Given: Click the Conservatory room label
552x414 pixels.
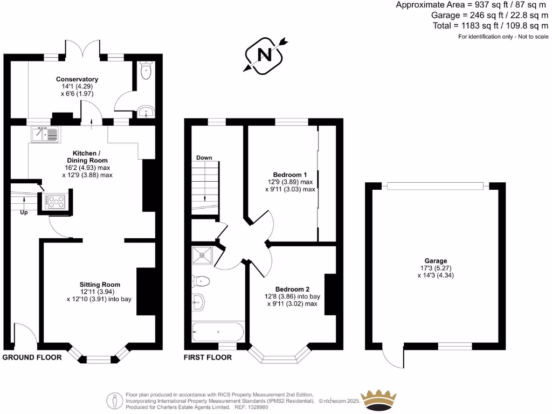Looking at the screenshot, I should [x=77, y=79].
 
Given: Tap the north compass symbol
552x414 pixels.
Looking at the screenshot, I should [x=264, y=54].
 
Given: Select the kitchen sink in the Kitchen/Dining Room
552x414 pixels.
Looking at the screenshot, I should [x=44, y=133].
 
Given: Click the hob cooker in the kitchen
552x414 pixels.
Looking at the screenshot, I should [x=55, y=201].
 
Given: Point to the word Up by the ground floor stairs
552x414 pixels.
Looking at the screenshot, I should [x=24, y=213].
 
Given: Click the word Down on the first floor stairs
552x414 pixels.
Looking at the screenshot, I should [x=204, y=158].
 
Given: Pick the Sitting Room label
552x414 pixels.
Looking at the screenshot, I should [x=100, y=284].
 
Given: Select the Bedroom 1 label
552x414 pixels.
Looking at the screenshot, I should [x=290, y=175].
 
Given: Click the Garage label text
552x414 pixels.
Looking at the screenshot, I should [x=436, y=261].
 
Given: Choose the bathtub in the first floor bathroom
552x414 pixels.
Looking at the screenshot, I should [x=218, y=331].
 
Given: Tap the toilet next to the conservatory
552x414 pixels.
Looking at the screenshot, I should [x=146, y=70].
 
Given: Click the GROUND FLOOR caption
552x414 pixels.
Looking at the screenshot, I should [x=32, y=357].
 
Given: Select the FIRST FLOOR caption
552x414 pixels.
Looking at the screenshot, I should [x=208, y=357].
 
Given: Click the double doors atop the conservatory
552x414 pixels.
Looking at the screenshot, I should [x=82, y=47].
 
